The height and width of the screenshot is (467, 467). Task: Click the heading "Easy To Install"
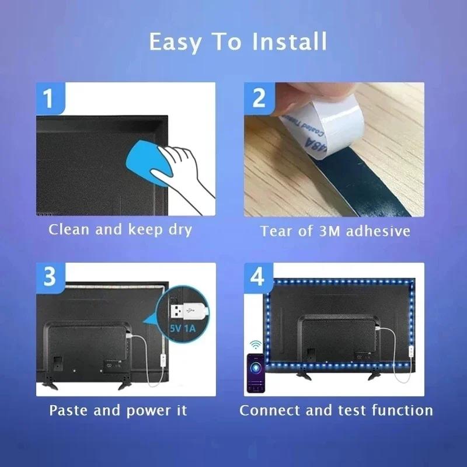coord(238,42)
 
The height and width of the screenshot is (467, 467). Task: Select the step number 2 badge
coord(259,97)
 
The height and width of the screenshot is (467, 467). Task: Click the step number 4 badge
coord(257,277)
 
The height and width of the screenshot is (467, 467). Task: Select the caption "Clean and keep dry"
coord(120,230)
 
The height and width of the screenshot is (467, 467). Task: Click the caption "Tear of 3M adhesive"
coord(335,231)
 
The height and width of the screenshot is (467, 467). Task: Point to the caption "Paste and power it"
coord(118,410)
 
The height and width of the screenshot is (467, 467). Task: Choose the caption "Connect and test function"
coord(336,410)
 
